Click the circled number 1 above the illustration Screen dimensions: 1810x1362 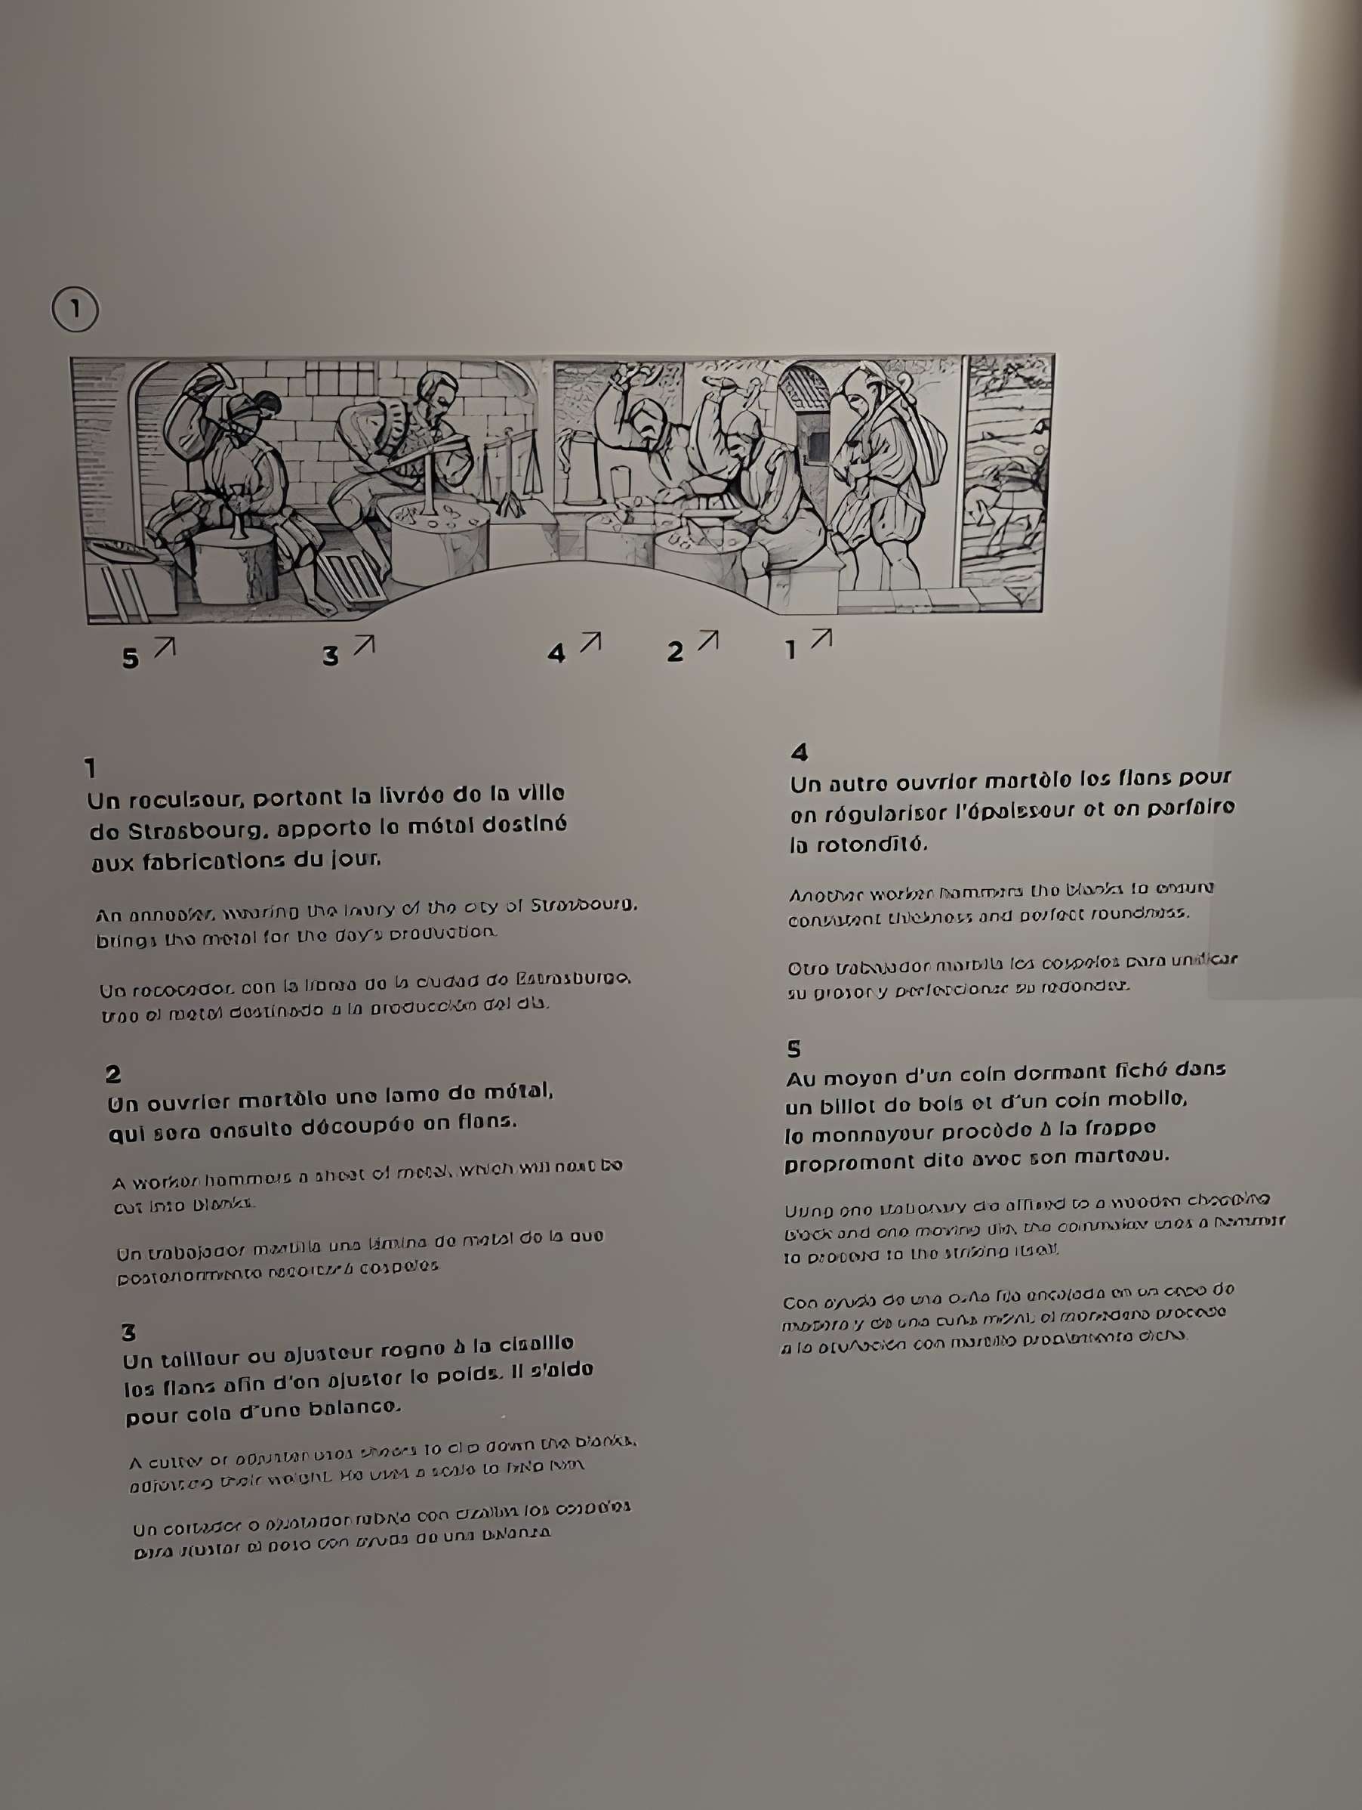[x=75, y=310]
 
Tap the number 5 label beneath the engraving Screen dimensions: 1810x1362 [x=130, y=659]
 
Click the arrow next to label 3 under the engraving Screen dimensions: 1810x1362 [x=364, y=645]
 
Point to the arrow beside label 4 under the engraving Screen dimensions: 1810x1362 [x=590, y=642]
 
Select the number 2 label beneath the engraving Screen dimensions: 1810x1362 [x=675, y=652]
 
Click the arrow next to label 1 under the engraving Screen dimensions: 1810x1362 [x=821, y=638]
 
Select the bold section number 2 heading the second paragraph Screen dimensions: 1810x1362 [x=113, y=1074]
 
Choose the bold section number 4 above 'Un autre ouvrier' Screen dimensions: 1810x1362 [x=800, y=752]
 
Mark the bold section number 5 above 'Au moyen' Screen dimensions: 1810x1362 [x=793, y=1049]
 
